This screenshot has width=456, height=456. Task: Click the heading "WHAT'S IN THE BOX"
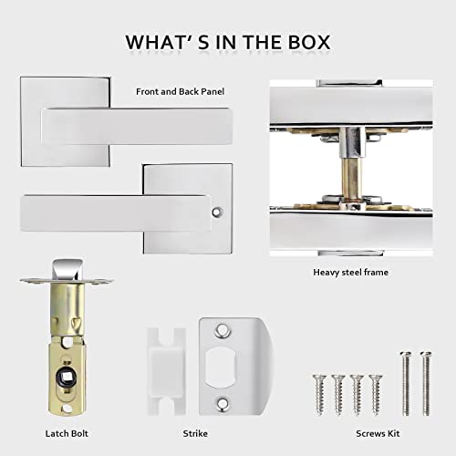pos(228,43)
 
